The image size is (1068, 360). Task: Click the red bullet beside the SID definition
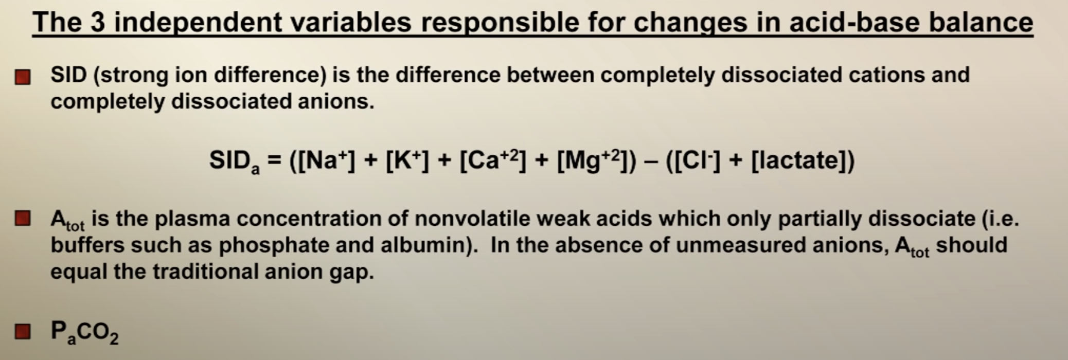point(23,78)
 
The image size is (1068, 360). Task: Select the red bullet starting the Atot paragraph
point(23,219)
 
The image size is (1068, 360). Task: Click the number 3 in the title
point(97,22)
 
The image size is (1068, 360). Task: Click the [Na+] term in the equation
point(326,160)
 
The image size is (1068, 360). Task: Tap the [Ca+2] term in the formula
point(492,160)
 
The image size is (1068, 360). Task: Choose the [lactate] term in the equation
point(799,160)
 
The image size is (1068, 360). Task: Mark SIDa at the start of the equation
point(235,161)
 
